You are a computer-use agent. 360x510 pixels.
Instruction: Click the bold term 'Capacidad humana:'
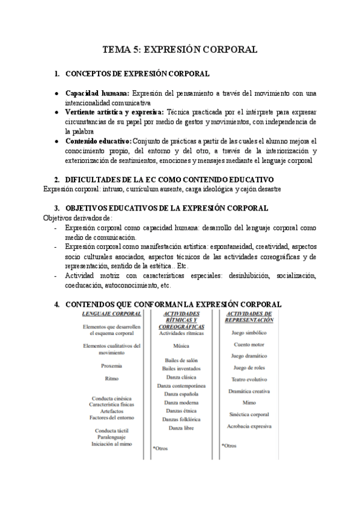pos(97,94)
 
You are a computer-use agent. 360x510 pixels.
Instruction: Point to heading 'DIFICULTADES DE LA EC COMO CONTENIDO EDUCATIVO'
pos(169,180)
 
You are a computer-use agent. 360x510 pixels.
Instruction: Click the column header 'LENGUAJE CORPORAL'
pos(112,313)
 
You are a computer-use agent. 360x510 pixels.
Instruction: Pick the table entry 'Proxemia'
pos(112,366)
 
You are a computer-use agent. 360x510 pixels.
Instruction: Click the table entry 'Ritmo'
pos(112,379)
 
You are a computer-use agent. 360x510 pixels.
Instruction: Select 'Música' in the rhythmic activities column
pos(181,346)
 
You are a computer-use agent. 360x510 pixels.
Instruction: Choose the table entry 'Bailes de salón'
pos(181,360)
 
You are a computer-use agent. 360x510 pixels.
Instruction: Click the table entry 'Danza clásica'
pos(181,377)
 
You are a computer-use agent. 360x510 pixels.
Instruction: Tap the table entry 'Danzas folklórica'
pos(181,419)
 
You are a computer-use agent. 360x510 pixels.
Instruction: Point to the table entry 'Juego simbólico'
pos(248,333)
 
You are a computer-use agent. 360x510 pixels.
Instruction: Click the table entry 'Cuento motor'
pos(248,344)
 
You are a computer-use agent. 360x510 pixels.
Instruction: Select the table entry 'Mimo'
pos(248,402)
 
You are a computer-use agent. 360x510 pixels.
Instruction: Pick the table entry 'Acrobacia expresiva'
pos(248,426)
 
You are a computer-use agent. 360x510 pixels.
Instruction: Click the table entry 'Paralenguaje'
pos(112,437)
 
